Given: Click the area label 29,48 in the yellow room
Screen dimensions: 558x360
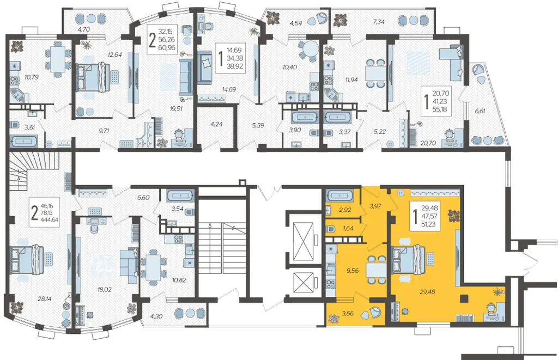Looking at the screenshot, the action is [x=427, y=292].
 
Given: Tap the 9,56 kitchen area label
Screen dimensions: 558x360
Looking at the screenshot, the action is [x=352, y=270].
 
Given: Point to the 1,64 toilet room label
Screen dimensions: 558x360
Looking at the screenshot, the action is [x=348, y=228].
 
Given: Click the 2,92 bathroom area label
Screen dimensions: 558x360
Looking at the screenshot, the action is [x=345, y=210].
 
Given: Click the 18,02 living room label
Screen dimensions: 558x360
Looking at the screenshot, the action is [x=104, y=290].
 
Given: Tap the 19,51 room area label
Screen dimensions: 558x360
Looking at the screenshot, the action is [x=176, y=109].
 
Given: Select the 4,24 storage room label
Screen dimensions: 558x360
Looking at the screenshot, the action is [x=216, y=125].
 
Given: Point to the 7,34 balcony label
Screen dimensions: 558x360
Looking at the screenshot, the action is [x=378, y=22].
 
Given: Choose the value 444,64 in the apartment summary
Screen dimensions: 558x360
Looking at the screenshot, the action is [x=50, y=219].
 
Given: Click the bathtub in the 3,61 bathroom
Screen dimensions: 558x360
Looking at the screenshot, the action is [x=24, y=141].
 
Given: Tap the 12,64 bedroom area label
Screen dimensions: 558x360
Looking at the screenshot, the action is [x=115, y=54].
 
